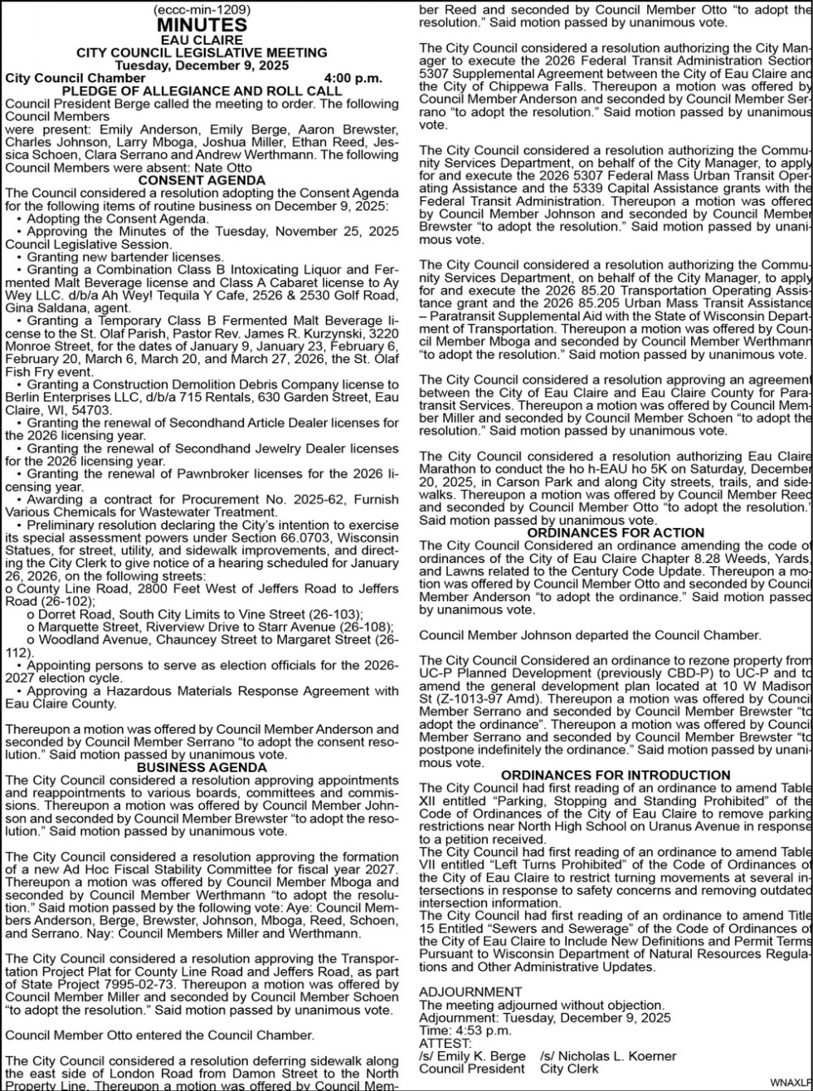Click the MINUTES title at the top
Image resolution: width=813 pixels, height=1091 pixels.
[202, 25]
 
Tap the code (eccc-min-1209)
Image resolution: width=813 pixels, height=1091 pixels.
[202, 10]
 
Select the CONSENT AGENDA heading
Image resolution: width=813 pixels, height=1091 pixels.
[202, 179]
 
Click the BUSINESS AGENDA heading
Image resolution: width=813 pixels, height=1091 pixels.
[202, 767]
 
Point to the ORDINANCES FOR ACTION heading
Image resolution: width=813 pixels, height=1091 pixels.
[616, 532]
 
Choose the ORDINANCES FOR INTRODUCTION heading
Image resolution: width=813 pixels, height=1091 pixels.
[616, 775]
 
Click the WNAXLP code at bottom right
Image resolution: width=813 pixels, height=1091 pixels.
[791, 1082]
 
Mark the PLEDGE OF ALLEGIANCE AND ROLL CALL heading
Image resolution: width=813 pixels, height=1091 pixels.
[202, 91]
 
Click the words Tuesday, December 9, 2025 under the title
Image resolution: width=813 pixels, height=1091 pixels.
[202, 66]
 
